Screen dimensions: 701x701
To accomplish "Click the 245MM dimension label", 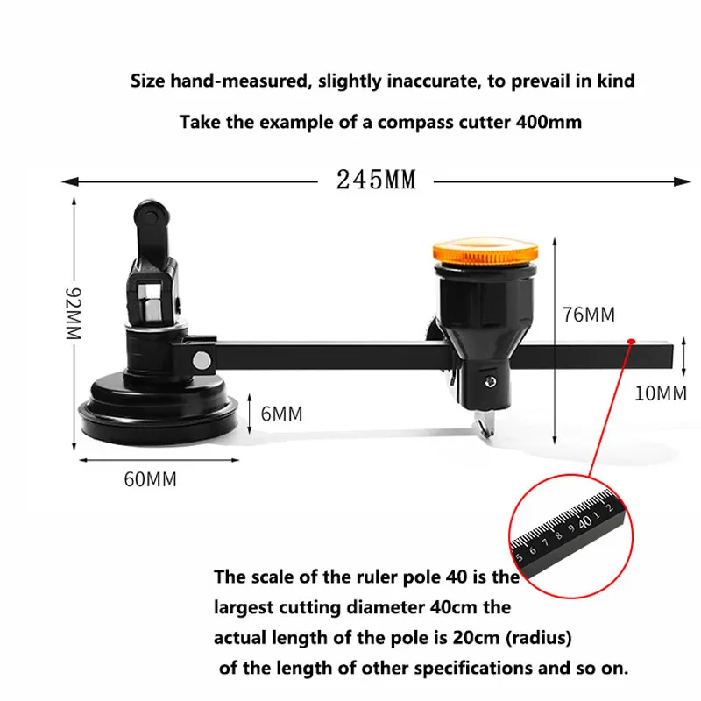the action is pyautogui.click(x=376, y=180).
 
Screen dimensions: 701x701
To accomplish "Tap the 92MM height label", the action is pyautogui.click(x=74, y=314).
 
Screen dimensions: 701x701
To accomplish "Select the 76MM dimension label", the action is pyautogui.click(x=588, y=315).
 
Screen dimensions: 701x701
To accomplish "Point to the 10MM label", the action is pyautogui.click(x=661, y=393).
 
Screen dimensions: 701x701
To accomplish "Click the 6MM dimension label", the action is pyautogui.click(x=281, y=414).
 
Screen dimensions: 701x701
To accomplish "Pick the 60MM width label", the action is pyautogui.click(x=150, y=479).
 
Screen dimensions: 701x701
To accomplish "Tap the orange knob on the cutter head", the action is pyautogui.click(x=485, y=252).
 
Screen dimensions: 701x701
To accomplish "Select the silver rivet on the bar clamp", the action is pyautogui.click(x=202, y=360).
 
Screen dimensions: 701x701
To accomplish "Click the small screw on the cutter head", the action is pyautogui.click(x=491, y=381).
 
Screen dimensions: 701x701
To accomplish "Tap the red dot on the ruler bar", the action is pyautogui.click(x=631, y=342).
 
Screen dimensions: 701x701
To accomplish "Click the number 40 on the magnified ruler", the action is pyautogui.click(x=585, y=521).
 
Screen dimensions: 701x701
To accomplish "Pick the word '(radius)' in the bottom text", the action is pyautogui.click(x=539, y=638).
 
